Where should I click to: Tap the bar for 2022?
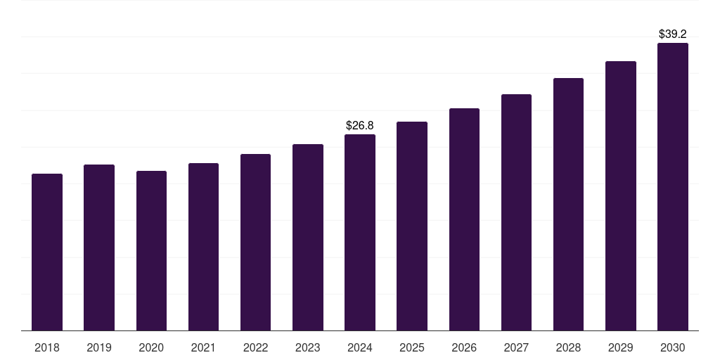click(255, 242)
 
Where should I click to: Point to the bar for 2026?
click(464, 219)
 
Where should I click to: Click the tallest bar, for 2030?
click(673, 186)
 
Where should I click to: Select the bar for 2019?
click(99, 247)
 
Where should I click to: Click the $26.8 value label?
click(360, 125)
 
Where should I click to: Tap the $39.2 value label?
click(673, 34)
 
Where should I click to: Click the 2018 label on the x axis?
click(47, 347)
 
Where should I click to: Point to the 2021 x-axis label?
click(203, 347)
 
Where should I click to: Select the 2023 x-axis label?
click(307, 347)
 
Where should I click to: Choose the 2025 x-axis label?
click(412, 347)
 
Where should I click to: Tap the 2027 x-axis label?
click(516, 347)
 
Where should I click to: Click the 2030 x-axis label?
click(673, 347)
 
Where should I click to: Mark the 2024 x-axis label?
click(360, 347)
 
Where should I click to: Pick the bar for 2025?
click(412, 226)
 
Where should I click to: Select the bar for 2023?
click(307, 237)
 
